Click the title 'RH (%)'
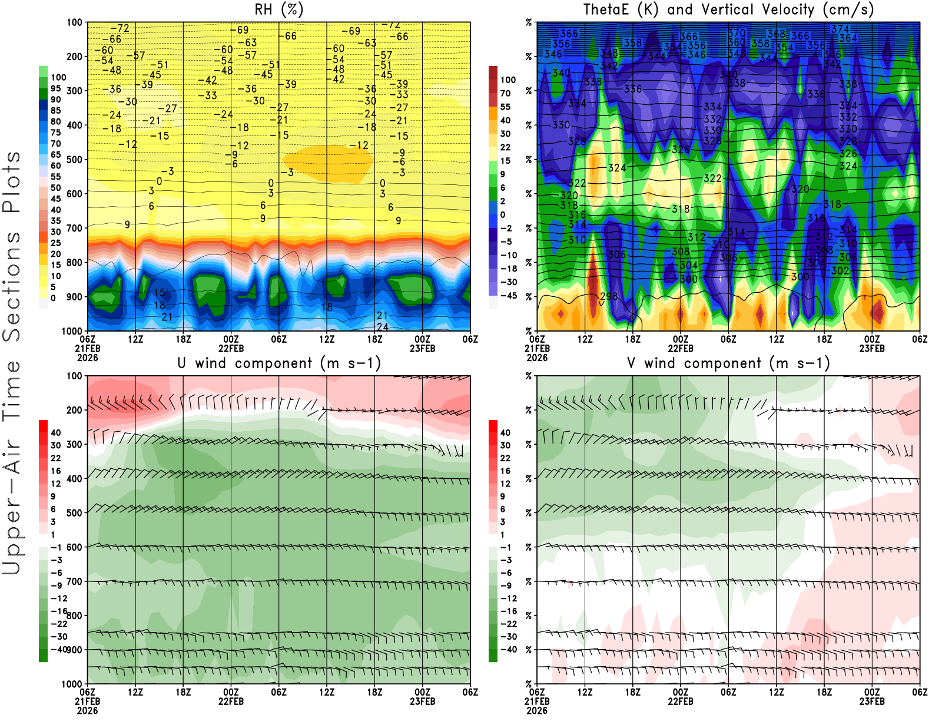[278, 10]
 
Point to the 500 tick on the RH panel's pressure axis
[74, 160]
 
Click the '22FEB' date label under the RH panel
[231, 348]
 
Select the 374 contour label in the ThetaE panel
[840, 29]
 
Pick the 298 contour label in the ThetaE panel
[609, 296]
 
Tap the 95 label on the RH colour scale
[56, 88]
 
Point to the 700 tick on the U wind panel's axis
[74, 581]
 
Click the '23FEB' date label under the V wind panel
[872, 701]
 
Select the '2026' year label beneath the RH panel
[87, 358]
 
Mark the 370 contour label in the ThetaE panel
[737, 33]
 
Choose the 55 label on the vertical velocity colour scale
[505, 107]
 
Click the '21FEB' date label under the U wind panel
[87, 701]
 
